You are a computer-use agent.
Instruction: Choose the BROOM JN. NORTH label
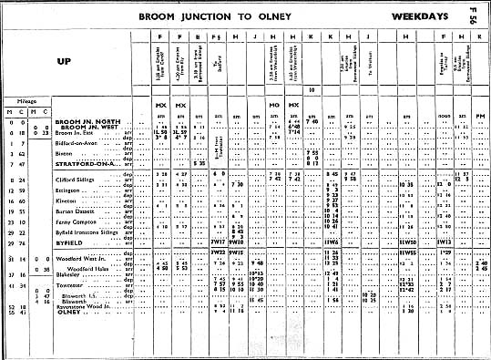click(83, 121)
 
